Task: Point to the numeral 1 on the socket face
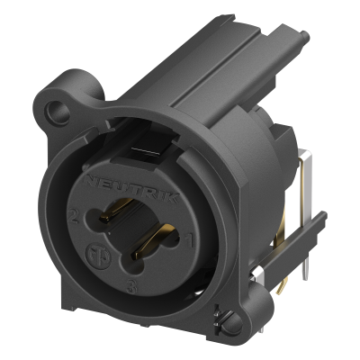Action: coord(190,238)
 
